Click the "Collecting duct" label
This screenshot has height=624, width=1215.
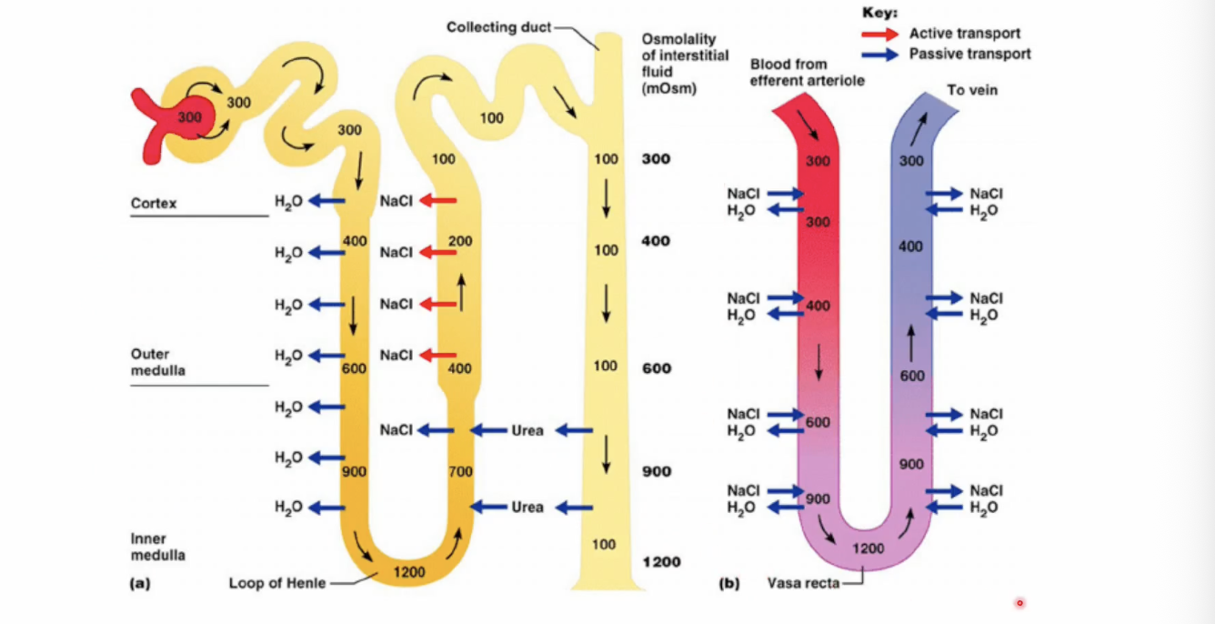[x=498, y=27]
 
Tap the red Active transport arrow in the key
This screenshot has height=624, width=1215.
[x=880, y=35]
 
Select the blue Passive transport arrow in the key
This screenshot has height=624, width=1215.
[x=880, y=55]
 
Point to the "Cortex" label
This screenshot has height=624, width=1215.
[x=154, y=204]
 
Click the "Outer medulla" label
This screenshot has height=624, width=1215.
[x=158, y=362]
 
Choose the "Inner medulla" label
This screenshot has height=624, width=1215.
[x=158, y=547]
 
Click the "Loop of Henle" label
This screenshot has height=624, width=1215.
[x=277, y=583]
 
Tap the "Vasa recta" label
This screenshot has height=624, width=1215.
[x=803, y=583]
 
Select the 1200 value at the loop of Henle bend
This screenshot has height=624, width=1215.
[x=409, y=572]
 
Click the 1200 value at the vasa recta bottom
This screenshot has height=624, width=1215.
[x=868, y=549]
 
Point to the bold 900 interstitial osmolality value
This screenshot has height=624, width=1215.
[x=657, y=471]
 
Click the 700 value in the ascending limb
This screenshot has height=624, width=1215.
[x=460, y=471]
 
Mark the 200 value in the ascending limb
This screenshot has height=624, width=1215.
[x=460, y=241]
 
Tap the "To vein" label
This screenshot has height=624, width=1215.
[x=972, y=90]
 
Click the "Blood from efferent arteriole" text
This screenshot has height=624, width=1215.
[x=807, y=72]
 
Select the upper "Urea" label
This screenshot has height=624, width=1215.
[x=527, y=431]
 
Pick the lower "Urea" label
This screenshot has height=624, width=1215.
[x=527, y=508]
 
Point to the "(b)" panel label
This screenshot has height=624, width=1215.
[x=729, y=583]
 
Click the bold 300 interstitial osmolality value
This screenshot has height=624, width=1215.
[x=657, y=159]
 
